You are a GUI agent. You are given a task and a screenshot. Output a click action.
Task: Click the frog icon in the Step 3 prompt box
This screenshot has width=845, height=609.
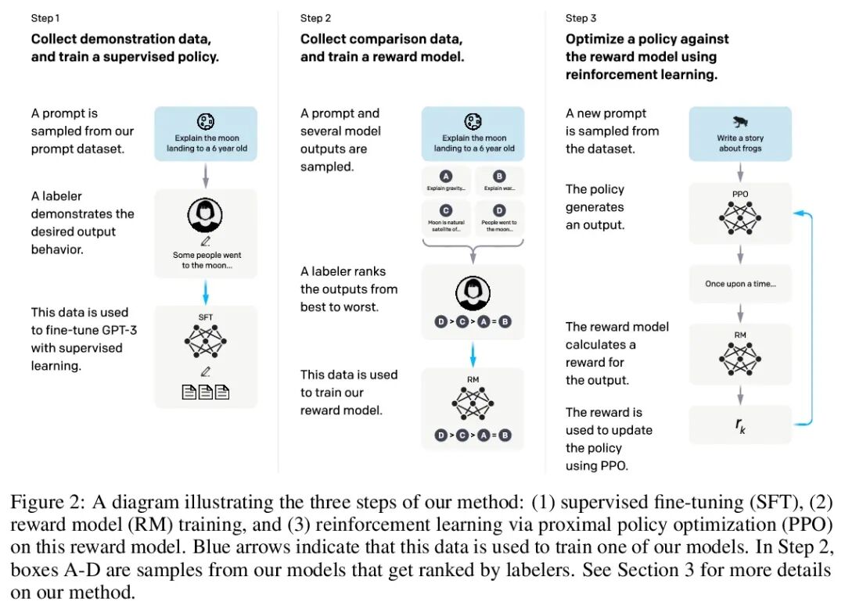739,122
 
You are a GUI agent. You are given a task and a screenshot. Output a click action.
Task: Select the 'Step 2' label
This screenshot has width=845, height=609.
316,18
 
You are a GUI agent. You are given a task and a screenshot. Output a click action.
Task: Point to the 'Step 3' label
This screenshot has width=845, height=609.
581,18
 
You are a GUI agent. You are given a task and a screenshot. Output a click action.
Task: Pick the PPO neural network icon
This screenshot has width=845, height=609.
740,217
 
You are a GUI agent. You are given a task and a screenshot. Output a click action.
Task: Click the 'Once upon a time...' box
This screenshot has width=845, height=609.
740,284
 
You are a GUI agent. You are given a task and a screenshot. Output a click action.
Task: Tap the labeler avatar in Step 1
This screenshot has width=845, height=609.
205,213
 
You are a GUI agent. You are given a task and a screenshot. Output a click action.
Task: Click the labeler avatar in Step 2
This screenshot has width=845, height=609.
473,293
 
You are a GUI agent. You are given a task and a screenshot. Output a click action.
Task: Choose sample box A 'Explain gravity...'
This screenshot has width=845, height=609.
446,181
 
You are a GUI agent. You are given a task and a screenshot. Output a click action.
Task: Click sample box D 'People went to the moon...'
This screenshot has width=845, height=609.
499,218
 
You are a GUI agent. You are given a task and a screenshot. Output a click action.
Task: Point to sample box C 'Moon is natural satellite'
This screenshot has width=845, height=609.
446,218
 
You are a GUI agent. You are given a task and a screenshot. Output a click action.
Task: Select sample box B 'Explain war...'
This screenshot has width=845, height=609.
499,181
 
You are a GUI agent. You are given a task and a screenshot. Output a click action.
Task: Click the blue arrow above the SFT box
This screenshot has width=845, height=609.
205,292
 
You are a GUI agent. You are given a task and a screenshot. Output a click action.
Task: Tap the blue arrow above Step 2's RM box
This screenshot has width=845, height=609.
473,353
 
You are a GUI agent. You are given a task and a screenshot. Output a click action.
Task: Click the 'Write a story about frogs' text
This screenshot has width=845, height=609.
740,143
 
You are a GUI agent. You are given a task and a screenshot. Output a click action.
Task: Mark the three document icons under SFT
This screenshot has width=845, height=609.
206,391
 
